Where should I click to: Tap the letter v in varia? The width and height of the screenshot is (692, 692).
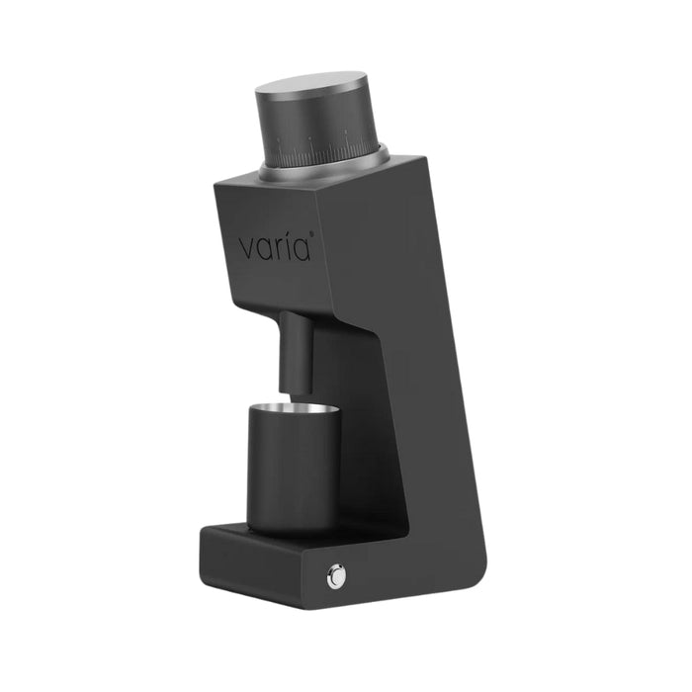point(246,250)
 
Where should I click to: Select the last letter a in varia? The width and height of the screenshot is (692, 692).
point(302,250)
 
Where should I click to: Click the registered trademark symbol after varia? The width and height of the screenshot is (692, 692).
point(312,233)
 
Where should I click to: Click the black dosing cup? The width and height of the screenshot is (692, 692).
point(294,469)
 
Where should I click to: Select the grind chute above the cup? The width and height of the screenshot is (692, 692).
point(297,352)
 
